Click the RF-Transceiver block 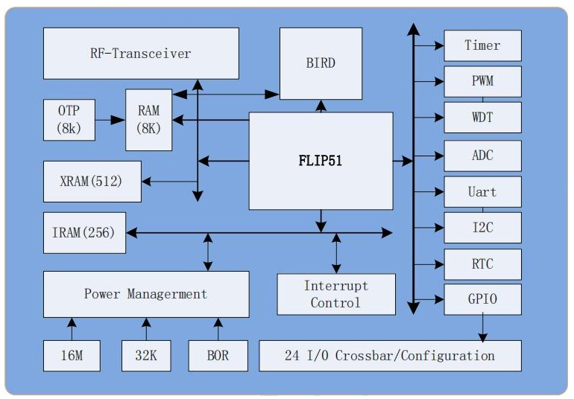pos(141,53)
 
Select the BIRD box pos(321,63)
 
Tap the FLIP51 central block pos(321,161)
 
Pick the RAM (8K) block pos(148,119)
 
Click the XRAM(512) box pos(92,181)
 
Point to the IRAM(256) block pos(83,233)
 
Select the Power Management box pos(145,294)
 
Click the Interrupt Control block pos(335,294)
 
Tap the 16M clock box pos(72,356)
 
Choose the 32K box pos(146,356)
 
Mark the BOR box pos(218,356)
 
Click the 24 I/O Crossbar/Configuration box pos(389,356)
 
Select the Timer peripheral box pos(482,45)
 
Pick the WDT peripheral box pos(482,118)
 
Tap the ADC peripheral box pos(482,156)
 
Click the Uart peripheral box pos(482,192)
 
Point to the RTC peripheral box pos(482,264)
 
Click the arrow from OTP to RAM pos(110,119)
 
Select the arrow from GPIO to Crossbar pos(482,328)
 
